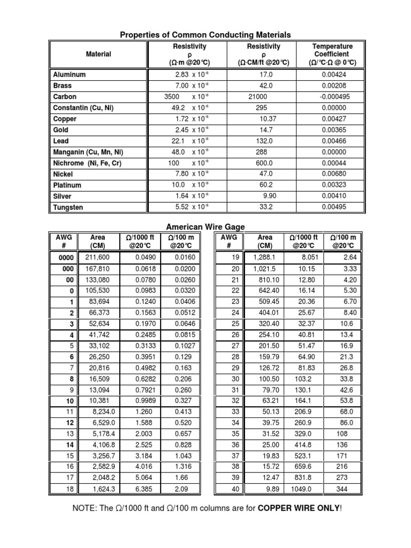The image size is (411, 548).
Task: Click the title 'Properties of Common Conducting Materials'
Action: point(205,35)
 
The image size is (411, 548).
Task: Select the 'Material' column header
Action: point(98,54)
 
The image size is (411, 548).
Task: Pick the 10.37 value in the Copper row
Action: point(268,119)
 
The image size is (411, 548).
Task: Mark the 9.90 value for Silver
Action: point(268,196)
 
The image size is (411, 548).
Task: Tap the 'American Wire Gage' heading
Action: point(205,227)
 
